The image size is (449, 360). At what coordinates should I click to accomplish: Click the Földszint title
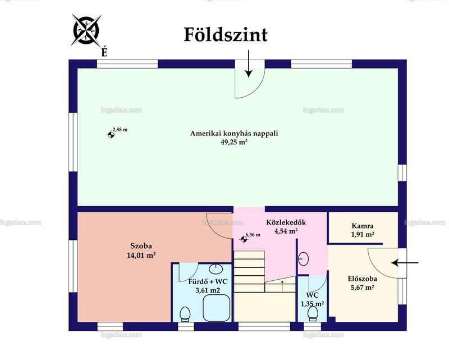[226, 35]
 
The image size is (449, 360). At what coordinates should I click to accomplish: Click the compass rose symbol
[86, 30]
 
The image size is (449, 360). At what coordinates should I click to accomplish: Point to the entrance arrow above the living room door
[249, 63]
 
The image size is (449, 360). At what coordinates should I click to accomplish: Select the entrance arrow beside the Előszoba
[405, 262]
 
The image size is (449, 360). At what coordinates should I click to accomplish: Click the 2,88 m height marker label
[120, 130]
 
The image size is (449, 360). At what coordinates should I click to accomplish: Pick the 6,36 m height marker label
[253, 235]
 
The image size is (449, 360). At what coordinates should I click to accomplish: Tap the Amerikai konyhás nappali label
[234, 133]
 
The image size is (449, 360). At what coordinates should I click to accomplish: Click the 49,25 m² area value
[234, 142]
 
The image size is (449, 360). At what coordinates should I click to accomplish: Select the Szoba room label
[141, 246]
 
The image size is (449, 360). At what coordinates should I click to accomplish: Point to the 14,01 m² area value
[141, 255]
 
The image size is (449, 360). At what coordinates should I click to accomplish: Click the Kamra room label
[362, 226]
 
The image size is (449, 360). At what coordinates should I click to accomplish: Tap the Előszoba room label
[362, 279]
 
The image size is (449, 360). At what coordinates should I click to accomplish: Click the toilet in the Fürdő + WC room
[185, 314]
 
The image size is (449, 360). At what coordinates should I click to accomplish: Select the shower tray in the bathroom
[217, 308]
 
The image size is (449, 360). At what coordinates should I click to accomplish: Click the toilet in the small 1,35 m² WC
[312, 313]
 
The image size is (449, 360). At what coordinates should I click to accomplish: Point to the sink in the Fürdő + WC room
[216, 269]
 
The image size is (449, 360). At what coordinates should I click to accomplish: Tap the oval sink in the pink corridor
[303, 259]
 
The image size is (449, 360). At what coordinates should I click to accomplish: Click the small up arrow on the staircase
[282, 286]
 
